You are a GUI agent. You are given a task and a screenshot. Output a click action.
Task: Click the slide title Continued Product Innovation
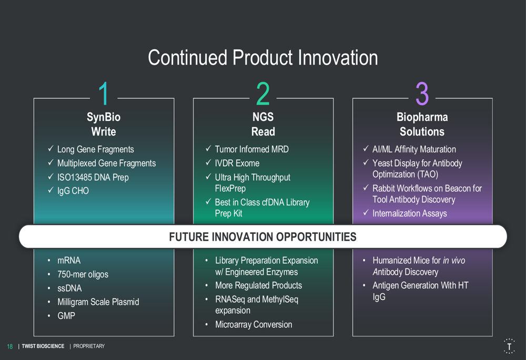tap(263, 57)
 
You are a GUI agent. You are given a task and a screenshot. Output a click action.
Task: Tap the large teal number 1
tap(104, 94)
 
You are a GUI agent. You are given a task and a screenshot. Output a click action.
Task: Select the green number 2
tap(263, 94)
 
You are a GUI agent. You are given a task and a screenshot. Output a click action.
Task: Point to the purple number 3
tap(422, 94)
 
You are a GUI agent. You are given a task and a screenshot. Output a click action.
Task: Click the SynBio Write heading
tap(104, 124)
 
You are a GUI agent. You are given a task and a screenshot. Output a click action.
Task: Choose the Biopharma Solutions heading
tap(422, 124)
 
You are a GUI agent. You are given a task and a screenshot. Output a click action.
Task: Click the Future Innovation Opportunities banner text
tap(262, 236)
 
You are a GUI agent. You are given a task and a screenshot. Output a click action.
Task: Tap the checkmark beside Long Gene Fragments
tap(50, 149)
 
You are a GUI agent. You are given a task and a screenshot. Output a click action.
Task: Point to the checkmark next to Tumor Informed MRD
tap(208, 149)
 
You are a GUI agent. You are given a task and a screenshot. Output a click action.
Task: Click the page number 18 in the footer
tap(9, 346)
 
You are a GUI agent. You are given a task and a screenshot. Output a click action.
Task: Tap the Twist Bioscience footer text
tap(43, 346)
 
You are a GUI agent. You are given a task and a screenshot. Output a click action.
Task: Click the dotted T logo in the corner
tap(509, 346)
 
